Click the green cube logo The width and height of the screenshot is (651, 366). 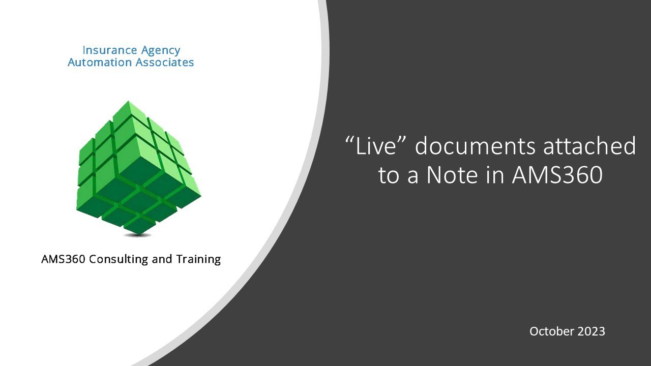pos(138,168)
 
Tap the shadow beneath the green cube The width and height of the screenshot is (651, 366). pos(138,235)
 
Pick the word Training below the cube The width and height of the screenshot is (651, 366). pos(198,259)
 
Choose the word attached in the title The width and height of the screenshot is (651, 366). pos(590,146)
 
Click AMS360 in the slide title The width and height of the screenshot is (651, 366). pos(557,175)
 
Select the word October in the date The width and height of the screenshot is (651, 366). pos(551,331)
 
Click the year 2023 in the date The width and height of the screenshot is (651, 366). pos(591,331)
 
